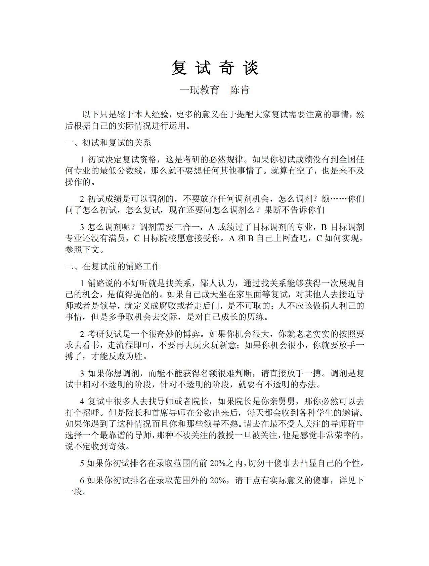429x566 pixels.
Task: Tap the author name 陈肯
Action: pos(240,90)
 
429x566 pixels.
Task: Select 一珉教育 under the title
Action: pos(200,90)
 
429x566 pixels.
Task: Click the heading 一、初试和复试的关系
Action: pos(108,143)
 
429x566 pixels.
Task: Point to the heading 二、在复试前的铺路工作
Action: pos(113,266)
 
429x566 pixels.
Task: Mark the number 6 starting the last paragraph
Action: pos(82,480)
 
